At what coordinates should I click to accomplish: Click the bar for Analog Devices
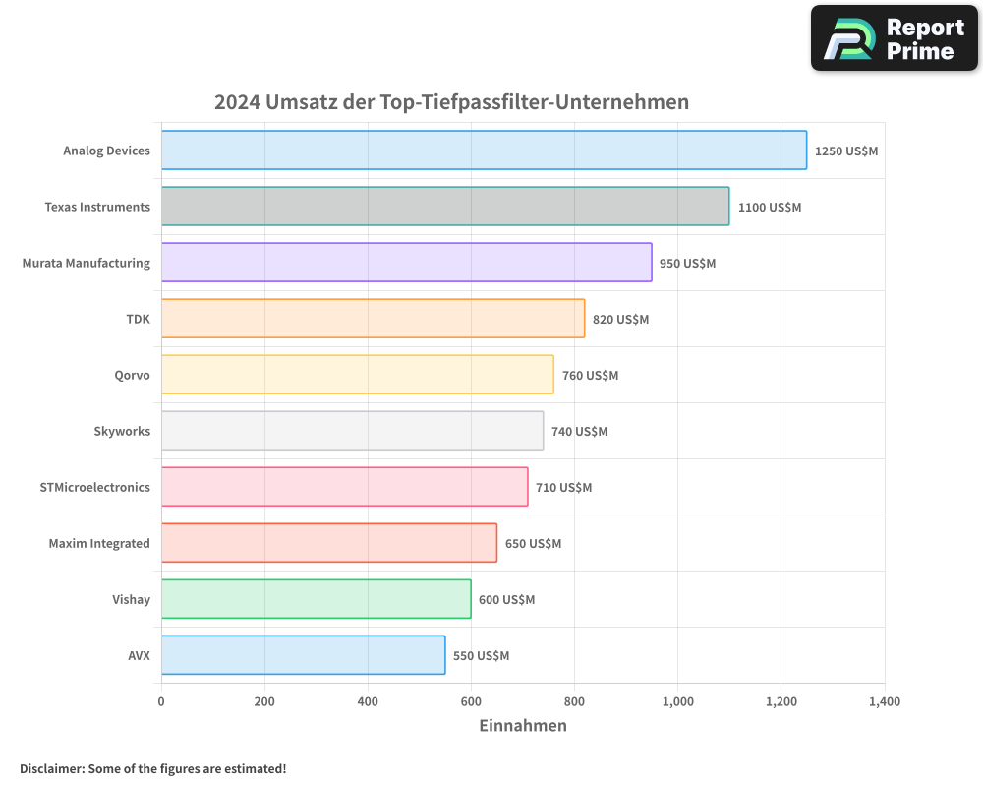[484, 151]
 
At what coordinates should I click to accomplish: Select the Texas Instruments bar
[445, 207]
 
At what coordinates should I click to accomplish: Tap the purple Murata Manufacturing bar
[406, 263]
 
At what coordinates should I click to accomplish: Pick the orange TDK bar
[373, 319]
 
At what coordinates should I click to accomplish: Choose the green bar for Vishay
[316, 599]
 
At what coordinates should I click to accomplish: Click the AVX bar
[303, 655]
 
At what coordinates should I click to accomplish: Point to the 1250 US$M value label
[845, 151]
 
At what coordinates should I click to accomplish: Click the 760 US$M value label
[590, 376]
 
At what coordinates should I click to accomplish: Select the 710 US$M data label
[564, 488]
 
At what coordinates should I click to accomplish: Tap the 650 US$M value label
[533, 544]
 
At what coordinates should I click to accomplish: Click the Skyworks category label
[122, 431]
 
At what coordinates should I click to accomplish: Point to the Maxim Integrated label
[99, 543]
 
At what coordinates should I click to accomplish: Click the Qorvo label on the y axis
[132, 375]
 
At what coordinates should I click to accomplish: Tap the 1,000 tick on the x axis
[678, 702]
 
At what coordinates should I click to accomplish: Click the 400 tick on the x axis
[368, 702]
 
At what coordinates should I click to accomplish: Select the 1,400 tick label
[884, 702]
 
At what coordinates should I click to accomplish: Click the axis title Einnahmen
[523, 726]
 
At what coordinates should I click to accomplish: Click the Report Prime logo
[894, 38]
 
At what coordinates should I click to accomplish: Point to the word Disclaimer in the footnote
[51, 768]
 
